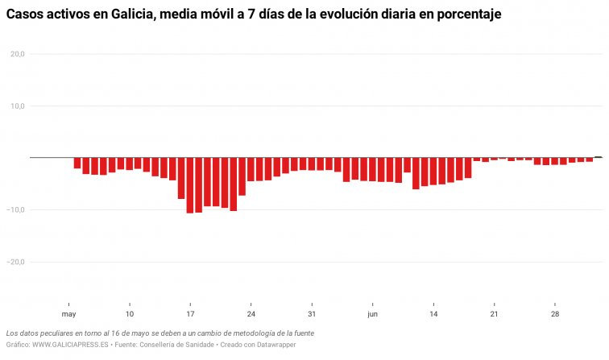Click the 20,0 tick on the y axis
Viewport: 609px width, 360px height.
(x=18, y=54)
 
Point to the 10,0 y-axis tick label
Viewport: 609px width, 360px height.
(x=18, y=106)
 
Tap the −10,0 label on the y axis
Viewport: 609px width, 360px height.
(x=16, y=210)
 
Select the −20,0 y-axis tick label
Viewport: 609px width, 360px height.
(x=16, y=262)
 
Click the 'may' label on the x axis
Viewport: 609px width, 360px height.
(x=68, y=314)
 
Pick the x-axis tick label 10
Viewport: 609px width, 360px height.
(x=129, y=314)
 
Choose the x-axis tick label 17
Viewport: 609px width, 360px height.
(x=190, y=314)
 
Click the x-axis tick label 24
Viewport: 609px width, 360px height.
(x=251, y=314)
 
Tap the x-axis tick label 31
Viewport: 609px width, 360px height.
(x=312, y=314)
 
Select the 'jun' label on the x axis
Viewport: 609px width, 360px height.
(x=372, y=314)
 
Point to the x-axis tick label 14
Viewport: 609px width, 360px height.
(x=433, y=314)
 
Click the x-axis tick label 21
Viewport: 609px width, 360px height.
(x=494, y=314)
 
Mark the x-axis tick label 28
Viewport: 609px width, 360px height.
(x=555, y=314)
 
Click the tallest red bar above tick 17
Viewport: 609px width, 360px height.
(x=190, y=185)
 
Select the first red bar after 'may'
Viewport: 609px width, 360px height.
(x=77, y=163)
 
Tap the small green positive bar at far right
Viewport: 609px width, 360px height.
(x=599, y=157)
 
